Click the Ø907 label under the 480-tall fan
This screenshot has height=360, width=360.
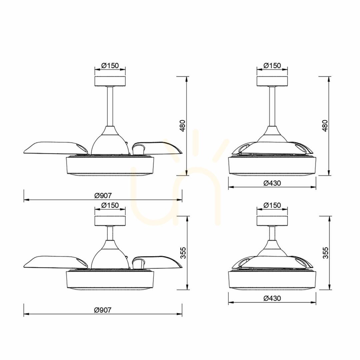coord(103,196)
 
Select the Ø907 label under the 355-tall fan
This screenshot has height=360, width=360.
coord(103,310)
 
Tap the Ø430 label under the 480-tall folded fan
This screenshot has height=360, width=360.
coord(272,183)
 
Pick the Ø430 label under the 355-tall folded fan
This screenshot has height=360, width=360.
coord(272,298)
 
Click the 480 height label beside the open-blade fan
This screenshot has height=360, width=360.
coord(183,126)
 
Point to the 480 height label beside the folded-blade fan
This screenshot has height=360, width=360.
coord(325,126)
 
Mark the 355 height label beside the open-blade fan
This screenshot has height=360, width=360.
coord(183,253)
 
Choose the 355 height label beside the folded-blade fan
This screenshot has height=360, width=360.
coord(325,253)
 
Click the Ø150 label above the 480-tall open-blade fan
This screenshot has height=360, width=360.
coord(110,66)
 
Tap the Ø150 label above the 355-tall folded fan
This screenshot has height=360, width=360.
coord(272,205)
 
